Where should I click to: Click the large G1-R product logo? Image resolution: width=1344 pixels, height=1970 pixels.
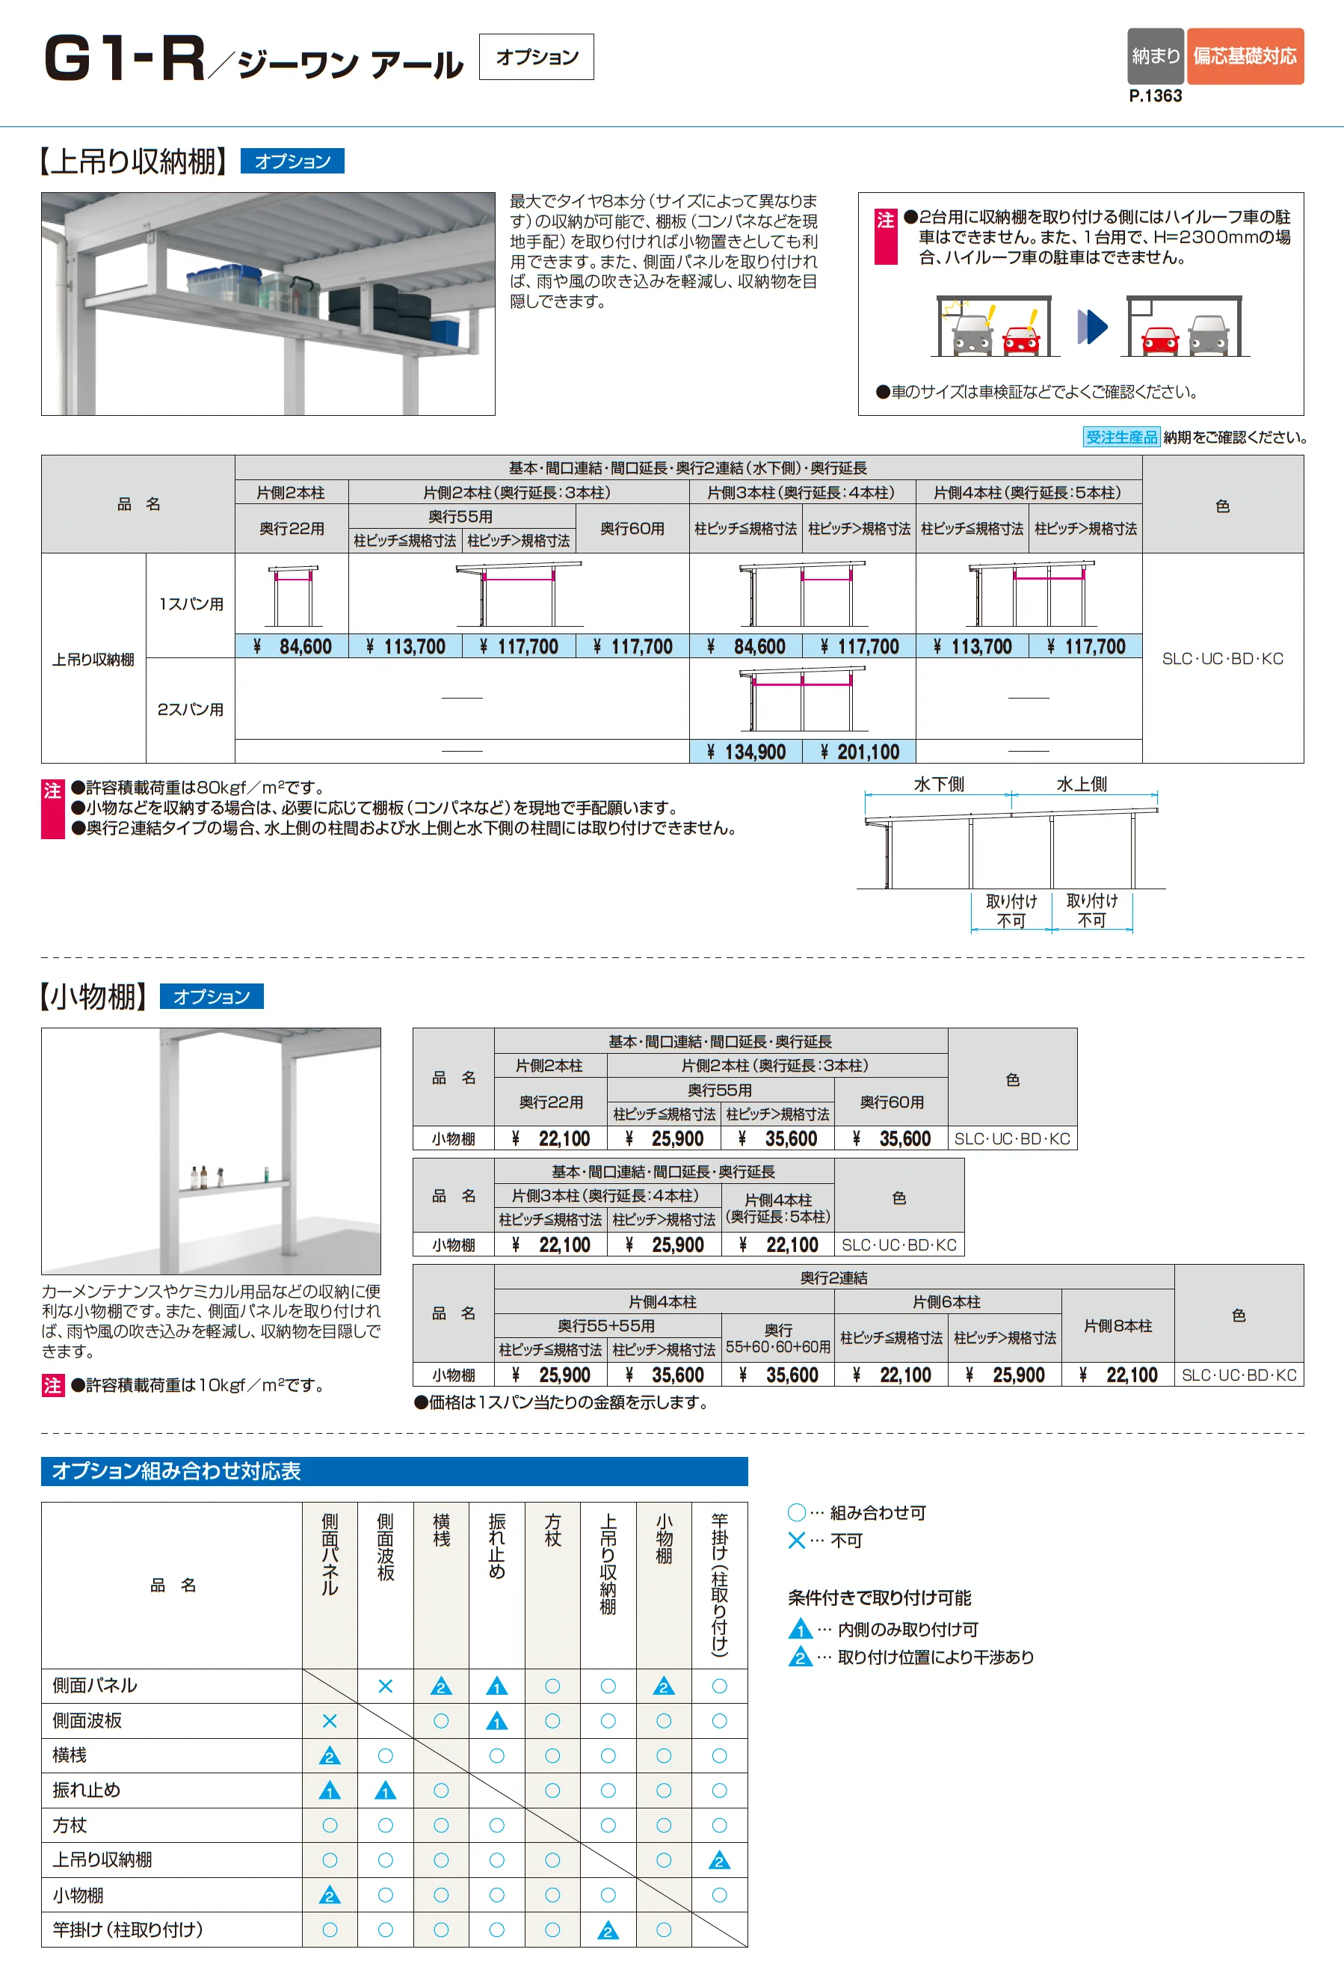click(126, 59)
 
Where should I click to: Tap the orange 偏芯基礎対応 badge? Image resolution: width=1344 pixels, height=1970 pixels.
click(1245, 56)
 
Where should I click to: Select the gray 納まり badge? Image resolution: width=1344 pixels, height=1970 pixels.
click(1156, 56)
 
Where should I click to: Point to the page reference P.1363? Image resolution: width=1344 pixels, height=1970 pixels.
click(1155, 96)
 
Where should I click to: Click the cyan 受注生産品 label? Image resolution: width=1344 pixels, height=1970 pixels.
click(1121, 438)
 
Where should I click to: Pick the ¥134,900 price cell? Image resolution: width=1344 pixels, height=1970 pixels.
click(746, 752)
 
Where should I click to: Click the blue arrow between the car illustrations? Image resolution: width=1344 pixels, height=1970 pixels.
click(1093, 326)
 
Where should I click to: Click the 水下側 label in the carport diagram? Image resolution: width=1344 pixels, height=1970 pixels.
click(939, 784)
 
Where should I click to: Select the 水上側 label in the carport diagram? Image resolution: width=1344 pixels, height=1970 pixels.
click(1082, 784)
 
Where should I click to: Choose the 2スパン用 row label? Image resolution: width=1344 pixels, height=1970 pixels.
click(191, 710)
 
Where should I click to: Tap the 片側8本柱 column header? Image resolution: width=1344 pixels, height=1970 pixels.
click(1118, 1326)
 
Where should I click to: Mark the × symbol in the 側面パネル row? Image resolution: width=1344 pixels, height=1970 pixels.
click(385, 1686)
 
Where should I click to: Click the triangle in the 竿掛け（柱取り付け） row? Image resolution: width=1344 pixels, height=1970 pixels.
click(608, 1931)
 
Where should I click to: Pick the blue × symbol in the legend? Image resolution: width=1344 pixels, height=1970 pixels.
click(797, 1540)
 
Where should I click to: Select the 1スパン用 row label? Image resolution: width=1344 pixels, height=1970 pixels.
click(191, 604)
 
